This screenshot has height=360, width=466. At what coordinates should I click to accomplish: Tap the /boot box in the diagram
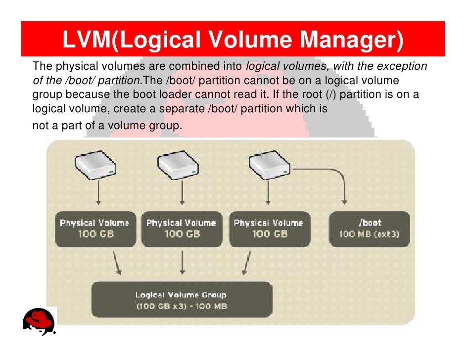(x=370, y=229)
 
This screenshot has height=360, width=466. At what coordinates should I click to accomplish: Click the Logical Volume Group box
(x=182, y=300)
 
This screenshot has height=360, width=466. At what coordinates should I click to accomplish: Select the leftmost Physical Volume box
(x=94, y=229)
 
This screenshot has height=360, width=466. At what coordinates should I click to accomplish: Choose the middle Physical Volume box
(x=182, y=229)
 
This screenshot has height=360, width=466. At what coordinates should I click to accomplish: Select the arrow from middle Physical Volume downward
(x=183, y=262)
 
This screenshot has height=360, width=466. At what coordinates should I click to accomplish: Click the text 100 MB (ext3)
(x=370, y=234)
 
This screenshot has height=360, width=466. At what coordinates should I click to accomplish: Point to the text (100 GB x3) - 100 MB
(x=182, y=307)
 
